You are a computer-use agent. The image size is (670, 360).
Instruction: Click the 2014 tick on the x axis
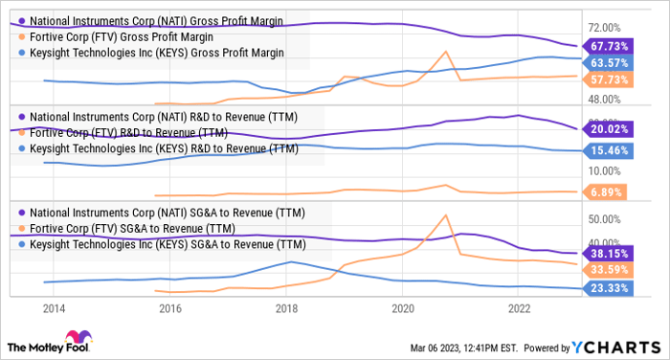click(x=54, y=308)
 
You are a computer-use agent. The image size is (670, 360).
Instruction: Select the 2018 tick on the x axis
click(x=286, y=308)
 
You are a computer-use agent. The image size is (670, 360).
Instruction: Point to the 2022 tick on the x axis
click(x=519, y=308)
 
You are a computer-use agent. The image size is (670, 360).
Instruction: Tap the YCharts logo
click(x=612, y=346)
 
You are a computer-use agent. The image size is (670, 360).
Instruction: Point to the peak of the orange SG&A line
click(x=446, y=214)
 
